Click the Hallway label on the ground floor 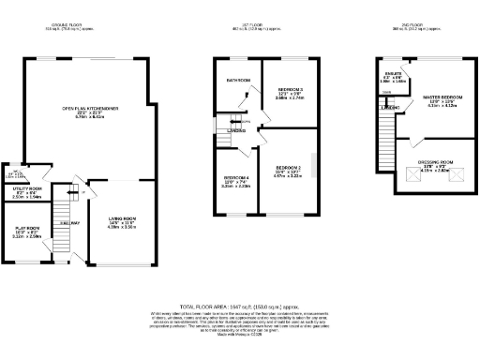[x=67, y=223]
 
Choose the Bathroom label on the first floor [x=238, y=81]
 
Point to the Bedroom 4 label [x=235, y=181]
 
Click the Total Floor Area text [x=239, y=306]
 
